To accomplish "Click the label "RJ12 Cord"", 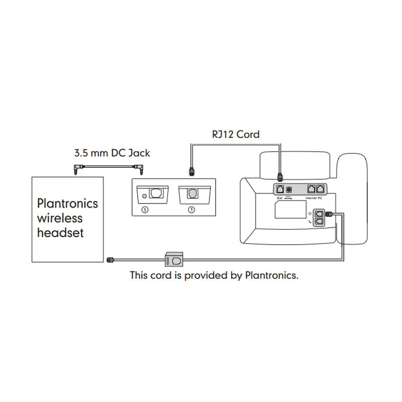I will pyautogui.click(x=235, y=134).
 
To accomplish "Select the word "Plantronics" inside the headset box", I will pyautogui.click(x=67, y=204).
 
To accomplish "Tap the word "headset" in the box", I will pyautogui.click(x=60, y=233).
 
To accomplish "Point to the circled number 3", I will pyautogui.click(x=145, y=210).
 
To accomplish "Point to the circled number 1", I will pyautogui.click(x=191, y=210).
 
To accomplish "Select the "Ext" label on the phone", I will pyautogui.click(x=279, y=197).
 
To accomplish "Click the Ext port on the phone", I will pyautogui.click(x=279, y=189).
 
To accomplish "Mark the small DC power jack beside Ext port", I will pyautogui.click(x=289, y=189).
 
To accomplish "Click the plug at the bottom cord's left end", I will pyautogui.click(x=111, y=259).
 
